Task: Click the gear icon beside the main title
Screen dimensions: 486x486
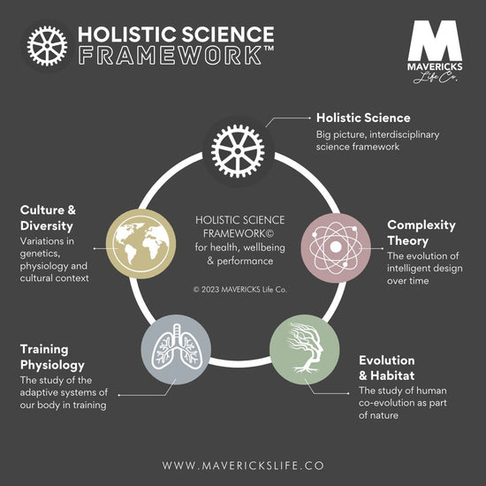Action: (x=47, y=46)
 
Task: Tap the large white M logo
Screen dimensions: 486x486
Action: (x=435, y=41)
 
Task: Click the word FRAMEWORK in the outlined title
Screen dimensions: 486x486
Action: (x=170, y=55)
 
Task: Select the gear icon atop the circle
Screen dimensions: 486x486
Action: (x=238, y=151)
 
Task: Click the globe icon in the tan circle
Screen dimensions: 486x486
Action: (x=141, y=244)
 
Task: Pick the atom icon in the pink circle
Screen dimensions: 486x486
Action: (x=336, y=248)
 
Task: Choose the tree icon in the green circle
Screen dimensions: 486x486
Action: (x=305, y=348)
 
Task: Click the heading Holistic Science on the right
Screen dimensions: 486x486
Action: (x=363, y=118)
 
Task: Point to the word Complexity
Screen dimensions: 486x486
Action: (x=421, y=225)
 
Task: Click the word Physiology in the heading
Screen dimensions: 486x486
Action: (x=52, y=365)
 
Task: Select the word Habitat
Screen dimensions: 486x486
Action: (x=392, y=376)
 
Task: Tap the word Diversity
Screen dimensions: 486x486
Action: (x=47, y=226)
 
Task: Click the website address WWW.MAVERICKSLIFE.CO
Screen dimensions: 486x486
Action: (x=243, y=466)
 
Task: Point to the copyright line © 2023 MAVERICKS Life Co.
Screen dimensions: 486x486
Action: (x=239, y=290)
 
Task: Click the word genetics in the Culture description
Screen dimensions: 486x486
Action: (x=40, y=254)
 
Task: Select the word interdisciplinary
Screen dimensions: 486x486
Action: (x=405, y=135)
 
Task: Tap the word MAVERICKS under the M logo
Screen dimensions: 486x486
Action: (x=435, y=67)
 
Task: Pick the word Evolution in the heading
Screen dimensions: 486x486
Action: (x=387, y=361)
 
